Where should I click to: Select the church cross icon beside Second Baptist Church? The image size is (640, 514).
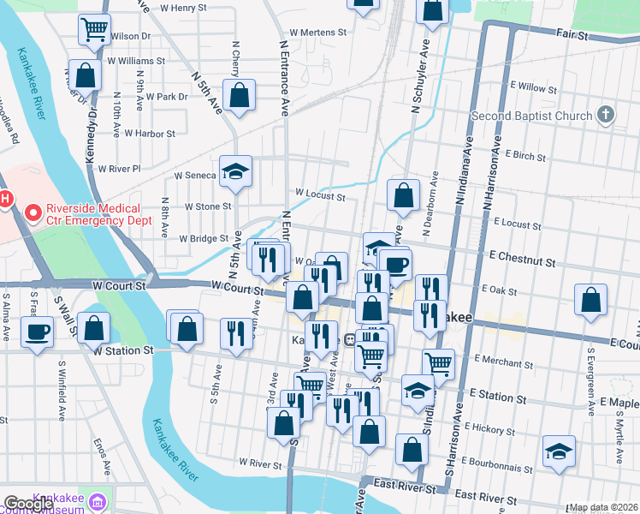[x=606, y=115]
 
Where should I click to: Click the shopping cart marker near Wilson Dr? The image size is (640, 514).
[x=94, y=29]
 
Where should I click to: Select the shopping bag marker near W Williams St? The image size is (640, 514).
[x=86, y=75]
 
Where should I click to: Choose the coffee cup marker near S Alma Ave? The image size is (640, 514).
[x=37, y=331]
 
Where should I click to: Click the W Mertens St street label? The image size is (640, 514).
[x=317, y=33]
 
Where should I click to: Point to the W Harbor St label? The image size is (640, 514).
[x=149, y=134]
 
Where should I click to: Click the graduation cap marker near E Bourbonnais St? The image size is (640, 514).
[x=559, y=451]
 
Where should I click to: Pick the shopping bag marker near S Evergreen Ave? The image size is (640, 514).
[x=590, y=300]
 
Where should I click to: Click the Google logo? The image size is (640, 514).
[x=28, y=505]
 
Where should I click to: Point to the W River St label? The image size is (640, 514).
[x=260, y=463]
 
